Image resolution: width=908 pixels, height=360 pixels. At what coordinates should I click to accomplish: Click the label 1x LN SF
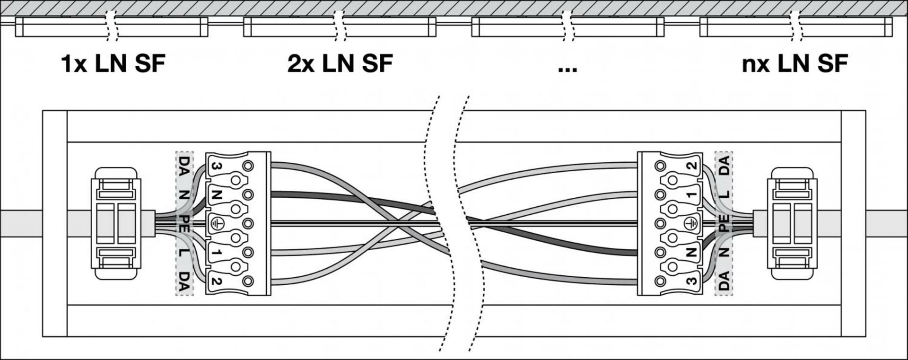[x=113, y=64]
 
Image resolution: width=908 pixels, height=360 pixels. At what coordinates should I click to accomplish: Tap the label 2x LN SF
[x=340, y=64]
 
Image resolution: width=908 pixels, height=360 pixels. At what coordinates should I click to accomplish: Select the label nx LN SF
[x=794, y=64]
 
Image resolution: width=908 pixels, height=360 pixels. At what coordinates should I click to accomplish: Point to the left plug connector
[x=116, y=223]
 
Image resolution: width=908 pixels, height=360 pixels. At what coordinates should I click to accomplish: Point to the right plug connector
[x=794, y=223]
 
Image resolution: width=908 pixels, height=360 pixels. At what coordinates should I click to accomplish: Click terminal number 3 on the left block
[x=216, y=166]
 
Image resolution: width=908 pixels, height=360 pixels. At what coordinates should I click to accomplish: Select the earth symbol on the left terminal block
[x=217, y=223]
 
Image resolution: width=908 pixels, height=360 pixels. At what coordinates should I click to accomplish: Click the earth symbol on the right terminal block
[x=691, y=223]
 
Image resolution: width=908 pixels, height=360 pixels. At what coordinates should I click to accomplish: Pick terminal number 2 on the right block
[x=692, y=166]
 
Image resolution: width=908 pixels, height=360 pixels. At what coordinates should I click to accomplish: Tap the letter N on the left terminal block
[x=216, y=194]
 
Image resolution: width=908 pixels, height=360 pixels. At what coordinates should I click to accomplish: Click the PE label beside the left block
[x=184, y=223]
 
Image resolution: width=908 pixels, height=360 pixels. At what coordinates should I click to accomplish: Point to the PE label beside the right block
[x=724, y=223]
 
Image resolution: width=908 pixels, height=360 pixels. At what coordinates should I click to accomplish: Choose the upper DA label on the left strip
[x=184, y=166]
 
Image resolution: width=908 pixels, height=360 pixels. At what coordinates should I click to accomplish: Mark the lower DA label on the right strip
[x=724, y=281]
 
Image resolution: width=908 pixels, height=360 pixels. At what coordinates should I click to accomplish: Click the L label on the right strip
[x=724, y=194]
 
